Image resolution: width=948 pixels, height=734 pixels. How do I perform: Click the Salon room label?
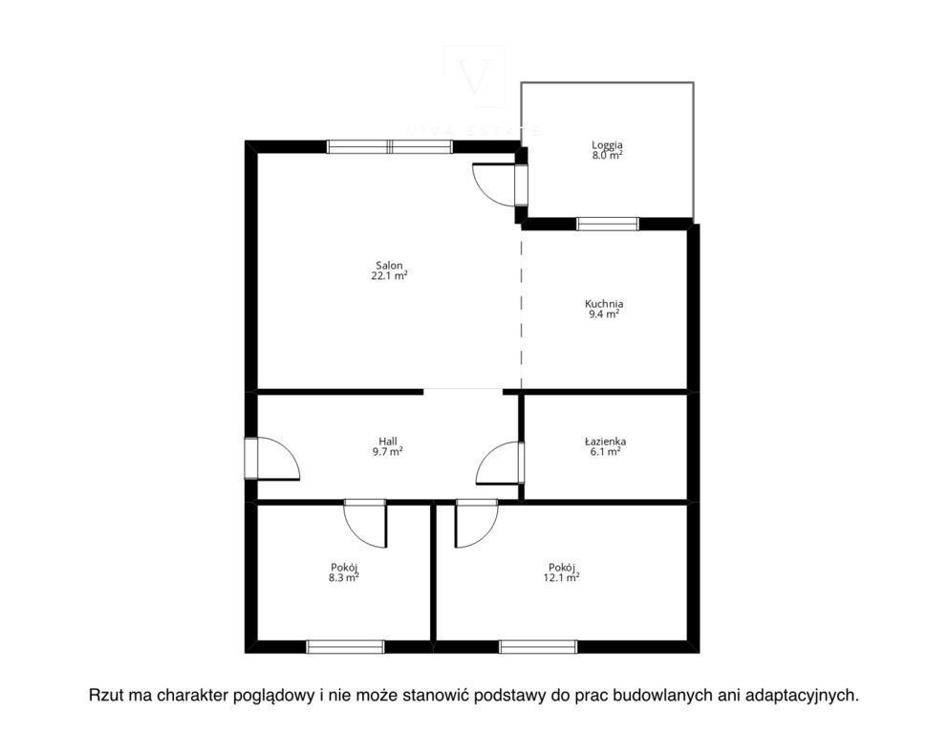[389, 266]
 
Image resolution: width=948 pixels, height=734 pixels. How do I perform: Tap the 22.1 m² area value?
[389, 275]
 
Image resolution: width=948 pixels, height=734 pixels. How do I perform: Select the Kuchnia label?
[603, 304]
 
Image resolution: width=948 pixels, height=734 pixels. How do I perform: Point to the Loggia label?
[607, 145]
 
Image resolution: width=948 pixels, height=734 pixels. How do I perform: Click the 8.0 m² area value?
[607, 155]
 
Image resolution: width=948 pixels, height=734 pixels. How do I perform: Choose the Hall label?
[388, 442]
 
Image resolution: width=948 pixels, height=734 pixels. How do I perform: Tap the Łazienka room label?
[605, 442]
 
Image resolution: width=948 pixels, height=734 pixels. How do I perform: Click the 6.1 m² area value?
[605, 451]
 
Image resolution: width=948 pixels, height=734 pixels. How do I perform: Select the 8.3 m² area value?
[343, 577]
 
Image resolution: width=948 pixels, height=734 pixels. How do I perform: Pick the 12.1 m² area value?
[562, 577]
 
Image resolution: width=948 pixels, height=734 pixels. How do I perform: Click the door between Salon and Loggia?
[499, 184]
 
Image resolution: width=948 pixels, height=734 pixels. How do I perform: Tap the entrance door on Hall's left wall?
[272, 459]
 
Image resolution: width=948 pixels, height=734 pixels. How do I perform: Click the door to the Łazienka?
[500, 464]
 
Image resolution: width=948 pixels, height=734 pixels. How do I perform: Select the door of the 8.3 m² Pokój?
[365, 524]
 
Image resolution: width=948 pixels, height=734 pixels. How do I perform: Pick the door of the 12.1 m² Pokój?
[477, 524]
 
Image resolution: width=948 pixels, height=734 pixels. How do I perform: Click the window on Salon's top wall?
[389, 146]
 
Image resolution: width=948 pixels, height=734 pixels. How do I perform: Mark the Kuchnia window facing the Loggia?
[608, 224]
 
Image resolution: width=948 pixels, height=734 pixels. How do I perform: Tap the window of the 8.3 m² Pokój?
[345, 647]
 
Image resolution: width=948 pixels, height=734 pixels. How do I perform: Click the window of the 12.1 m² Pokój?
[538, 647]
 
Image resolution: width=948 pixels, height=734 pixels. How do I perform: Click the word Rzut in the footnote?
[106, 696]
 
